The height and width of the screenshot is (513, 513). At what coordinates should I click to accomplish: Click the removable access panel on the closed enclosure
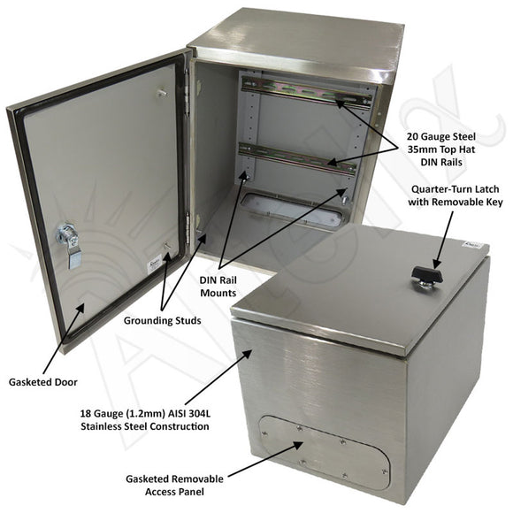click(x=327, y=446)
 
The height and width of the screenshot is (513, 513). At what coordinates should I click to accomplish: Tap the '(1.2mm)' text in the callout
click(x=162, y=412)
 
